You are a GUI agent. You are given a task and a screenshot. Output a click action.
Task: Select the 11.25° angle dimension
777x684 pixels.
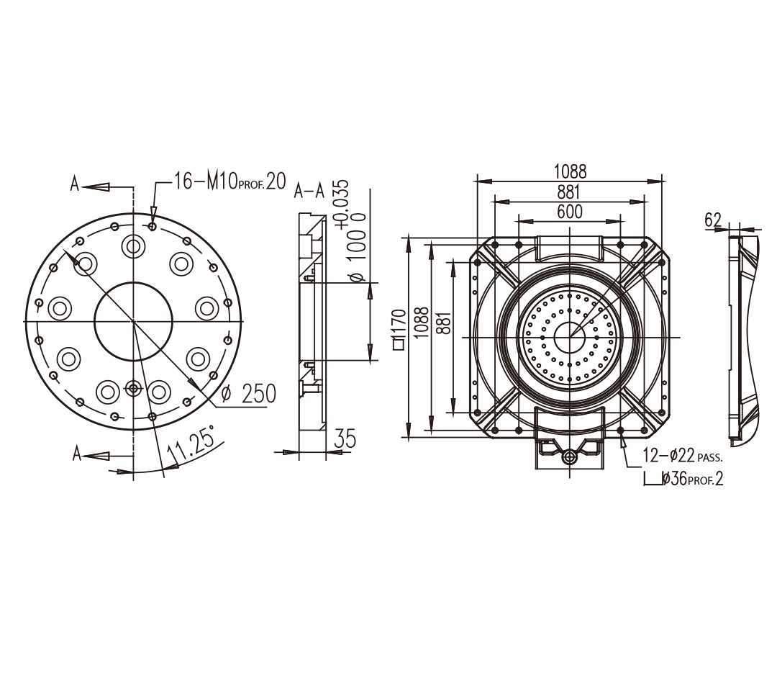[191, 443]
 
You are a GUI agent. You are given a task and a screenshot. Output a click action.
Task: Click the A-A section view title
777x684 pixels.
[309, 191]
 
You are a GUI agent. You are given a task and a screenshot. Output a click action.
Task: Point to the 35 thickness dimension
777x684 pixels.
[345, 438]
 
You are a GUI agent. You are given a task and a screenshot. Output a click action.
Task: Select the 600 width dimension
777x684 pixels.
[569, 212]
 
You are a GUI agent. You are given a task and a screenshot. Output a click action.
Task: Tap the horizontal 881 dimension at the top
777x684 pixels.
[569, 192]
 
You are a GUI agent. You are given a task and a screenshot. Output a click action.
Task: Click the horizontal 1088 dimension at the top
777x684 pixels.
[570, 171]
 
